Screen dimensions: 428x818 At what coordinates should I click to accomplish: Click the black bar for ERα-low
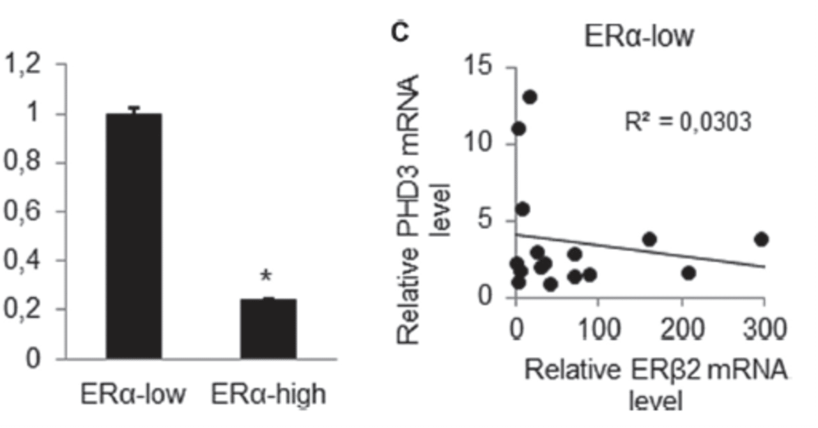[x=134, y=236]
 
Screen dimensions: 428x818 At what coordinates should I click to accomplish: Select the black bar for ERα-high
[x=268, y=328]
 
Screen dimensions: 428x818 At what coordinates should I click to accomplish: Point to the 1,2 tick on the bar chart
[x=22, y=65]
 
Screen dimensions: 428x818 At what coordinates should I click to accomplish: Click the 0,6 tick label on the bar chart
[x=22, y=211]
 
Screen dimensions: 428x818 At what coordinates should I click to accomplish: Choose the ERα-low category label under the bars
[x=134, y=394]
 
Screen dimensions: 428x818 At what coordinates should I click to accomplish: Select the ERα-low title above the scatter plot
[x=638, y=36]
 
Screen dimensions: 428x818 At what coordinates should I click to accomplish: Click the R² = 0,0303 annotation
[x=688, y=121]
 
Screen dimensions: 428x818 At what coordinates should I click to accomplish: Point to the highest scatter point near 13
[x=530, y=97]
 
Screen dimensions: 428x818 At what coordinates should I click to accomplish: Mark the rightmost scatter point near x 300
[x=760, y=240]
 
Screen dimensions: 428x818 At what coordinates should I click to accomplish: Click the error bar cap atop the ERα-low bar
[x=134, y=107]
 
